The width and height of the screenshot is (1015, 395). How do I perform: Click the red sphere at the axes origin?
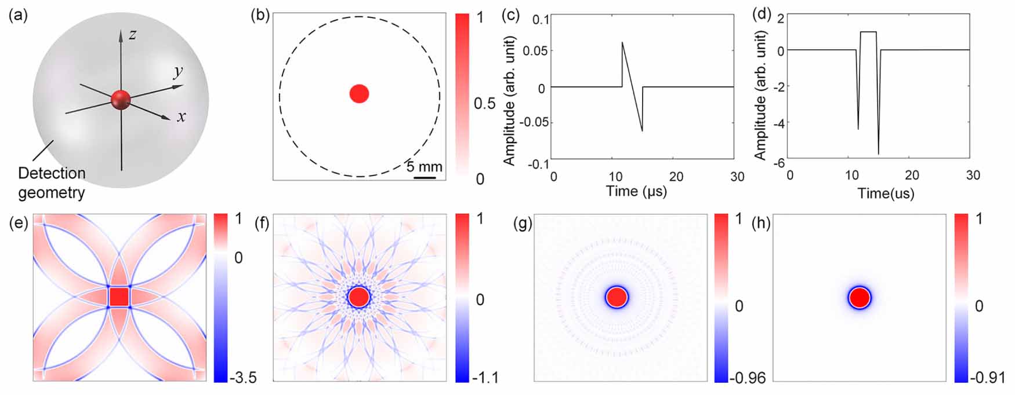[x=121, y=100]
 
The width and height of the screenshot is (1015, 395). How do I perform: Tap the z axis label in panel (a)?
[x=133, y=35]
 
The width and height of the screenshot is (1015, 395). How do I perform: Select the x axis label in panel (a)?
[x=182, y=117]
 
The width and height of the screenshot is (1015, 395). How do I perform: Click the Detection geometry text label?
[x=52, y=182]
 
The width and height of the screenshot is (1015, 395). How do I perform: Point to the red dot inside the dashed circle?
[x=359, y=93]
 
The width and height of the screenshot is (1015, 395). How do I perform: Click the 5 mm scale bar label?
[x=424, y=167]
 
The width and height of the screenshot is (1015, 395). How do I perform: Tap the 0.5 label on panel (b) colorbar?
[x=484, y=104]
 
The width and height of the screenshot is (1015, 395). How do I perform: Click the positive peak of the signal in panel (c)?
[x=622, y=42]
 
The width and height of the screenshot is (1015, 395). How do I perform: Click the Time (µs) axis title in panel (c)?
[x=636, y=191]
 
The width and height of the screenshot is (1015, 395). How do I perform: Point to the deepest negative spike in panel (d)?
[x=879, y=153]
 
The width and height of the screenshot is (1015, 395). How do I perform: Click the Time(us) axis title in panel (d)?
[x=886, y=193]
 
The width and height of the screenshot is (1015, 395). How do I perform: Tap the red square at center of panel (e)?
[x=119, y=297]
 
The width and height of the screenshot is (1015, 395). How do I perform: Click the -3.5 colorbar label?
[x=242, y=378]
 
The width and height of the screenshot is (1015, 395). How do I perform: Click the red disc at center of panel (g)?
[x=617, y=297]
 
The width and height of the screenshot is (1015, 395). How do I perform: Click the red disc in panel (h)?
[x=859, y=298]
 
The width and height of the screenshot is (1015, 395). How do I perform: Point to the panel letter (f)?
[x=263, y=224]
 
